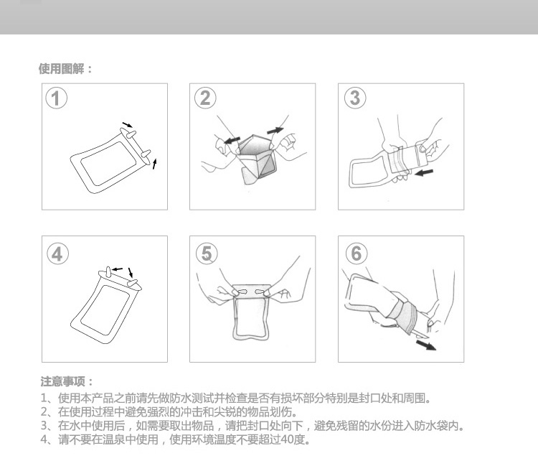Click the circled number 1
(x=56, y=98)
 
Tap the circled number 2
(x=205, y=98)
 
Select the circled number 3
(x=355, y=98)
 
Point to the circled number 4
(x=57, y=254)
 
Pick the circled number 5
(x=207, y=253)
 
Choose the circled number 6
(x=356, y=253)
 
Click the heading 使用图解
(x=62, y=69)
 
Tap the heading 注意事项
(x=62, y=381)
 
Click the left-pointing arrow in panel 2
(x=232, y=140)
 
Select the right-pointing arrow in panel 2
(x=275, y=131)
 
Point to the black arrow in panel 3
(x=424, y=172)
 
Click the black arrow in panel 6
(x=426, y=345)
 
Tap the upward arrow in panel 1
(x=154, y=164)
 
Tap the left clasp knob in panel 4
(x=108, y=273)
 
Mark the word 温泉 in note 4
(x=113, y=439)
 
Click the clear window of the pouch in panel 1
(x=108, y=164)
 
